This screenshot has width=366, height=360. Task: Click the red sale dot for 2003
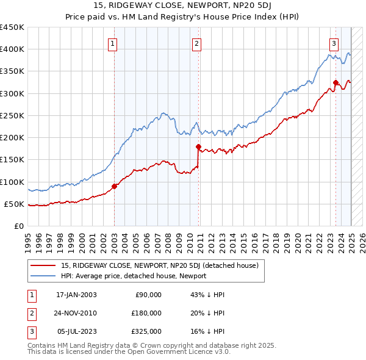[x=115, y=186]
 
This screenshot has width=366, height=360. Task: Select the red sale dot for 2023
[x=335, y=82]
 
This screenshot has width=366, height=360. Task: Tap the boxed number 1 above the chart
[x=114, y=43]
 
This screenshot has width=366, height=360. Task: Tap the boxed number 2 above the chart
[x=197, y=43]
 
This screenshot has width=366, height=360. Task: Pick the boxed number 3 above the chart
[x=334, y=43]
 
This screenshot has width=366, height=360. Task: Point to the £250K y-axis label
[x=12, y=115]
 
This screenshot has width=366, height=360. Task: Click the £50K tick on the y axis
[x=14, y=204]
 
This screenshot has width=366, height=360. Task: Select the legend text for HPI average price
[x=134, y=276]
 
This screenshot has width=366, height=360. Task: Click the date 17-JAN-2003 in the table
[x=76, y=295]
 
